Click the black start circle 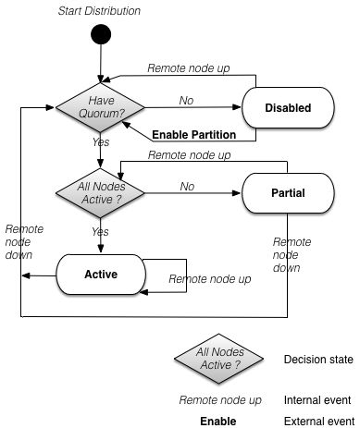[99, 36]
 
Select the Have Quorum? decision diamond [99, 107]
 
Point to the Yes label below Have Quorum [100, 143]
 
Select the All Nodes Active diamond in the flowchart [99, 192]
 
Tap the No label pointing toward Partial [187, 186]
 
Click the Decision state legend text [317, 359]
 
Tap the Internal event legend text [317, 400]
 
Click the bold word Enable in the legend [219, 422]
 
